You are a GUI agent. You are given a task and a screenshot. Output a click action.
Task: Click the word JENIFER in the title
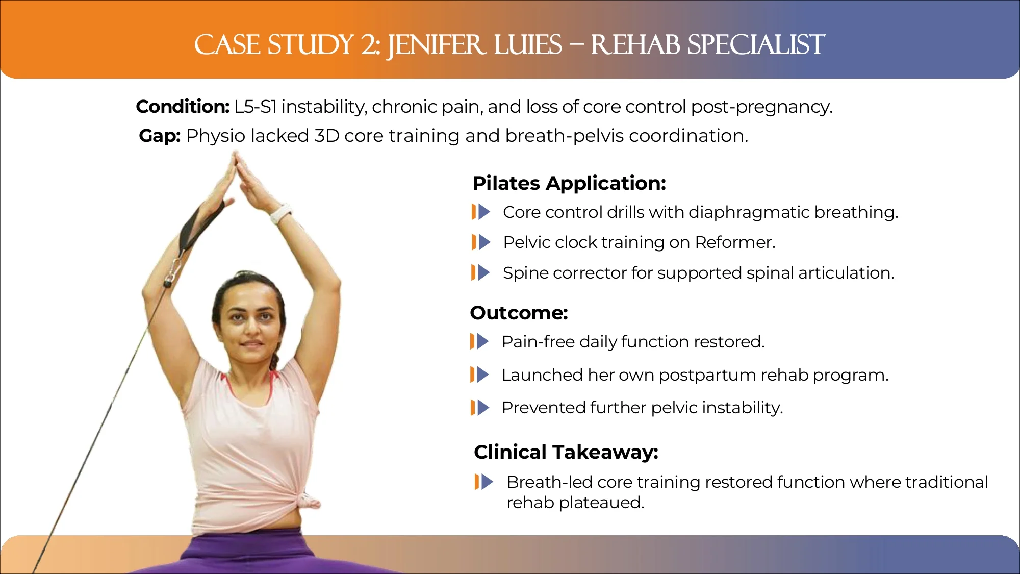pos(436,45)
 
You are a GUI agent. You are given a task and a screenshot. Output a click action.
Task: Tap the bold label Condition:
pos(183,107)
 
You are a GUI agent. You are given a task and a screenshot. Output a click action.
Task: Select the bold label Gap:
pos(160,136)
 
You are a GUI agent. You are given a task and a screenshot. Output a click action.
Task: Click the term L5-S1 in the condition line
pos(256,107)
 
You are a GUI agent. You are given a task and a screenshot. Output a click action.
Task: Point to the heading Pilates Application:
pos(569,183)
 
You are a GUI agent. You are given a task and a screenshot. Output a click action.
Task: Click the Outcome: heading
pos(519,313)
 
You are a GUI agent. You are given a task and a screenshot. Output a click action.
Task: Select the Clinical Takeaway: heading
pos(566,452)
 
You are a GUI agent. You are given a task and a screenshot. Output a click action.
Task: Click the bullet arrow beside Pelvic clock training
pos(481,242)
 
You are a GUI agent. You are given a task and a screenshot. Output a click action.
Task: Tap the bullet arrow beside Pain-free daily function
pos(479,341)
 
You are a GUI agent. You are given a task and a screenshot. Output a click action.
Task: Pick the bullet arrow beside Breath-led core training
pos(484,482)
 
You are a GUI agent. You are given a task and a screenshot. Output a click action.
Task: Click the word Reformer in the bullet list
pos(735,242)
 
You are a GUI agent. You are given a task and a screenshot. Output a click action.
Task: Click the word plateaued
pos(602,503)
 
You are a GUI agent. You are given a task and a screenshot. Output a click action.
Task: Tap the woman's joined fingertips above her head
pos(236,156)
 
